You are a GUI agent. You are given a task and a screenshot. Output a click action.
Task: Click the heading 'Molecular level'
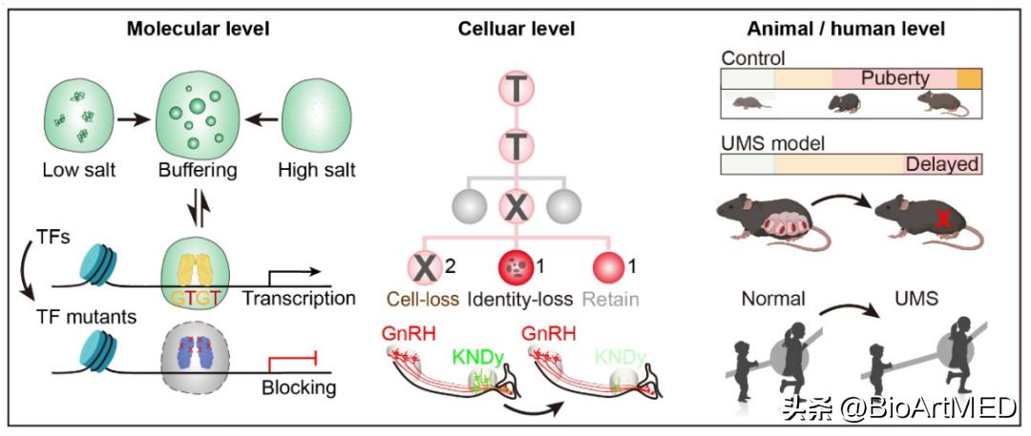coord(198,29)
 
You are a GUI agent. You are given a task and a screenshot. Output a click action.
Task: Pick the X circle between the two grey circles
coord(515,205)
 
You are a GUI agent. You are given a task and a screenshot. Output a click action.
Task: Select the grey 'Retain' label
coord(613,299)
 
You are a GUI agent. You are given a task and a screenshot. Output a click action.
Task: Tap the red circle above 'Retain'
coord(612,265)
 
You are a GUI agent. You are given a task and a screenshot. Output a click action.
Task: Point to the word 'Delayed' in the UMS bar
coord(941,164)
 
